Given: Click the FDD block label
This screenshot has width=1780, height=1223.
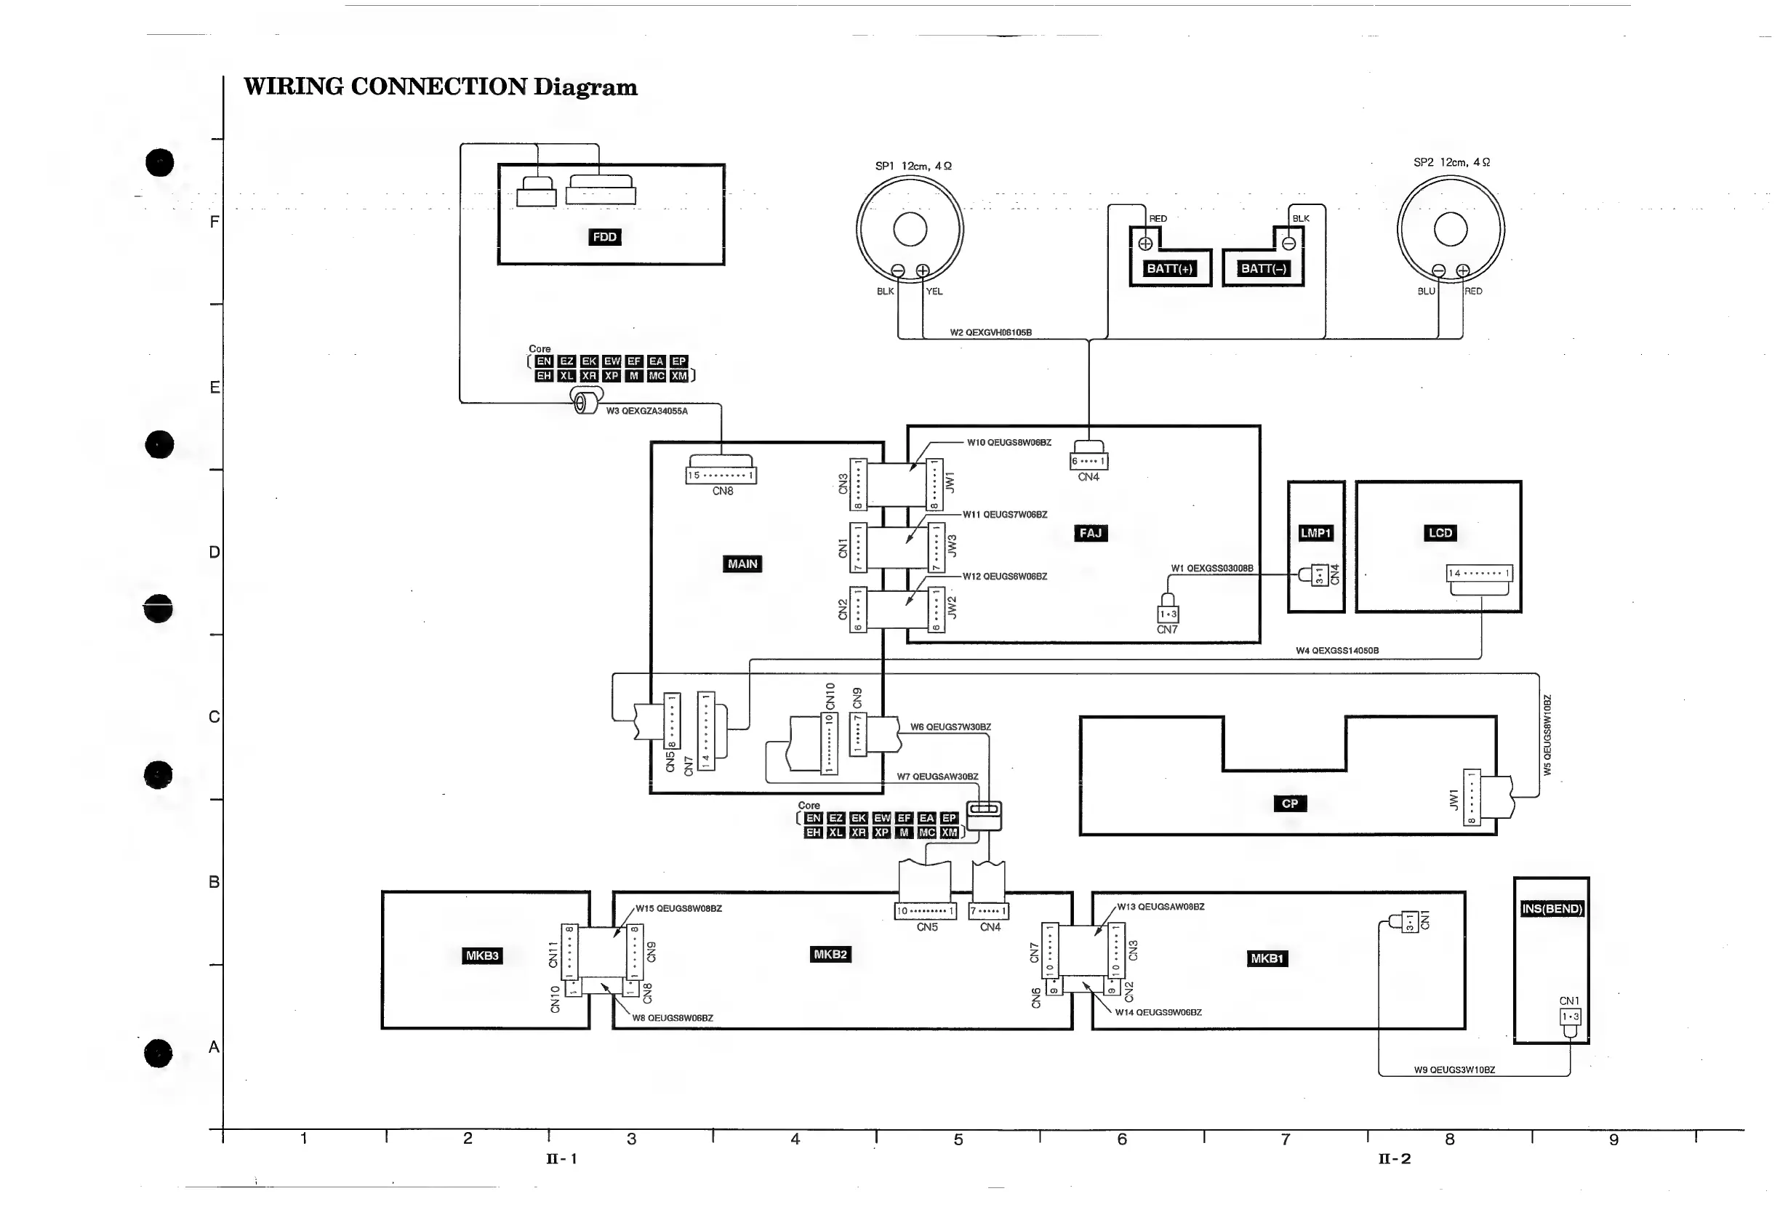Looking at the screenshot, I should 604,237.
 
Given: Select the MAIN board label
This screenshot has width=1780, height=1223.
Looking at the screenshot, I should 742,564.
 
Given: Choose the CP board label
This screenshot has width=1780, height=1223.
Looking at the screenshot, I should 1290,804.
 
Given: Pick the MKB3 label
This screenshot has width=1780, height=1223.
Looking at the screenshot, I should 482,955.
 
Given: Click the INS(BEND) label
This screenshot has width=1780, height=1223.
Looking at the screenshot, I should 1552,909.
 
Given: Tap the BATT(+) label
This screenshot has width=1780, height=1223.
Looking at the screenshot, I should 1169,268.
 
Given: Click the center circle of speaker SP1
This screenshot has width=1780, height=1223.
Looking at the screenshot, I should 910,229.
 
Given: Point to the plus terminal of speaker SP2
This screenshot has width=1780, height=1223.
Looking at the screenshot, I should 1463,270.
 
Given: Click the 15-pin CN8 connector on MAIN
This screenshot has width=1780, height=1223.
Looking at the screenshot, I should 721,475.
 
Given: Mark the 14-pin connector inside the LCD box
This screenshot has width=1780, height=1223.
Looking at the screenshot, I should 1479,573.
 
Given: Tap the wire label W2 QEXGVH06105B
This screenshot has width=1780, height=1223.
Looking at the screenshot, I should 991,332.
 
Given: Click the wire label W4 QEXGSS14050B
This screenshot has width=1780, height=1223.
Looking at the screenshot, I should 1337,651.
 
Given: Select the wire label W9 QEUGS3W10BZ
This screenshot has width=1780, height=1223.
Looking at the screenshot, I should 1454,1070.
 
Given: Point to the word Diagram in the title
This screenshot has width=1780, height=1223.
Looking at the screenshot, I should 585,87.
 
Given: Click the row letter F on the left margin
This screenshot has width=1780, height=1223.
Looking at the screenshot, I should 215,222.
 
